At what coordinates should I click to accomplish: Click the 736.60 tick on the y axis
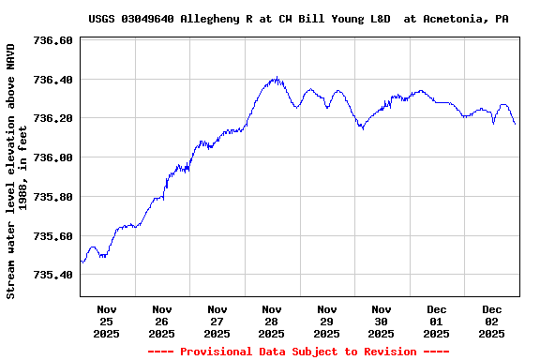click(52, 41)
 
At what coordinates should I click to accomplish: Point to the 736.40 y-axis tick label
click(52, 80)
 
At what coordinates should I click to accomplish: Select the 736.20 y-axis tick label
click(52, 119)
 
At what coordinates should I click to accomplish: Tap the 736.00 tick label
click(52, 157)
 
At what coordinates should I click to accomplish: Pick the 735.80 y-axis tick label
click(52, 197)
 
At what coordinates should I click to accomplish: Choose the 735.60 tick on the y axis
click(52, 236)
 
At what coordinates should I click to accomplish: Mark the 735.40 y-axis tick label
click(52, 275)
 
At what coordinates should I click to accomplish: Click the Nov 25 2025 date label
click(107, 321)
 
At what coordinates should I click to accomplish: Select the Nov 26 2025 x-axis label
click(161, 321)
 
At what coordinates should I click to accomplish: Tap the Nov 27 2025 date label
click(217, 321)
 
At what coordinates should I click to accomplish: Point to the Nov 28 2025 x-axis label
click(272, 321)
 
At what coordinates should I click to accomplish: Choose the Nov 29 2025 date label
click(326, 321)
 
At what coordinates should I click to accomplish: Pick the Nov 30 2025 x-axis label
click(382, 321)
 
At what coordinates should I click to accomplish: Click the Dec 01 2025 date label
click(437, 321)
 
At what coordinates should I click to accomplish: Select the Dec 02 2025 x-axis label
click(492, 321)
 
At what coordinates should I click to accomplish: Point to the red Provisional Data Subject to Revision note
click(297, 352)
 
